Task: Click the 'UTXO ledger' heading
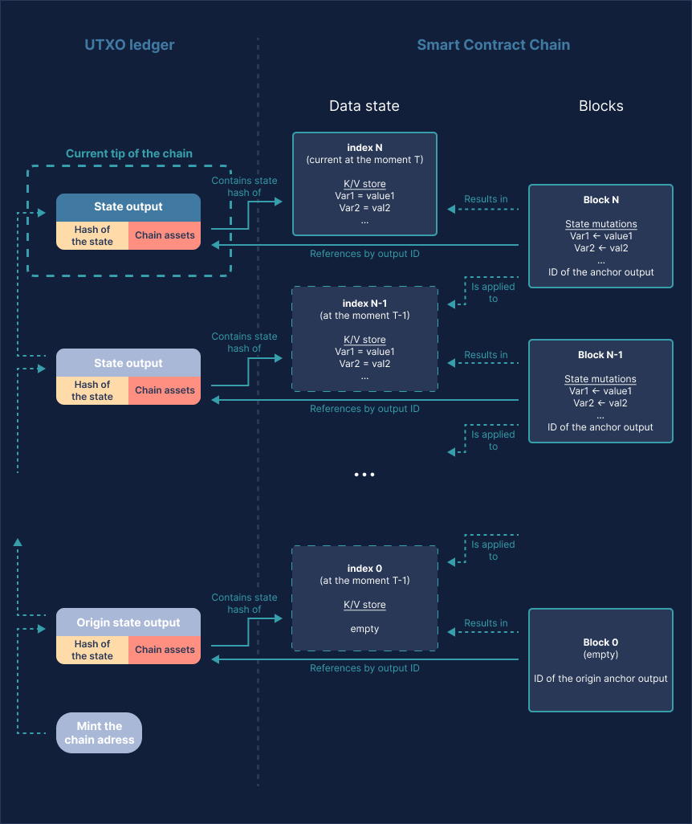point(129,45)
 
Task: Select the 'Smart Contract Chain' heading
point(493,45)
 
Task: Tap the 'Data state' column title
point(364,106)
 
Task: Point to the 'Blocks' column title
point(600,106)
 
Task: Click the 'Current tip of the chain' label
point(129,153)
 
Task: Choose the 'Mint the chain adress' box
point(99,732)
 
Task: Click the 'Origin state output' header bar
point(128,622)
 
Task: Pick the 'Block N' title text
point(600,200)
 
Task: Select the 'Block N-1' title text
point(600,355)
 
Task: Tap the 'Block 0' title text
point(600,642)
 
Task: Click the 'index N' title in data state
point(364,148)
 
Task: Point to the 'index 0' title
point(364,569)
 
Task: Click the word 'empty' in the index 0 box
point(364,629)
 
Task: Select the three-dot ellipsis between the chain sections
point(364,475)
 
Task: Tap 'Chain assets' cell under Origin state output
point(165,650)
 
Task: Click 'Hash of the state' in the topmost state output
point(92,235)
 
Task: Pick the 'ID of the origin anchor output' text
point(600,679)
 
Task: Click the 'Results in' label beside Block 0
point(486,623)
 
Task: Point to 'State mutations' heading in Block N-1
point(600,379)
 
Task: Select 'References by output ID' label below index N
point(364,254)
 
